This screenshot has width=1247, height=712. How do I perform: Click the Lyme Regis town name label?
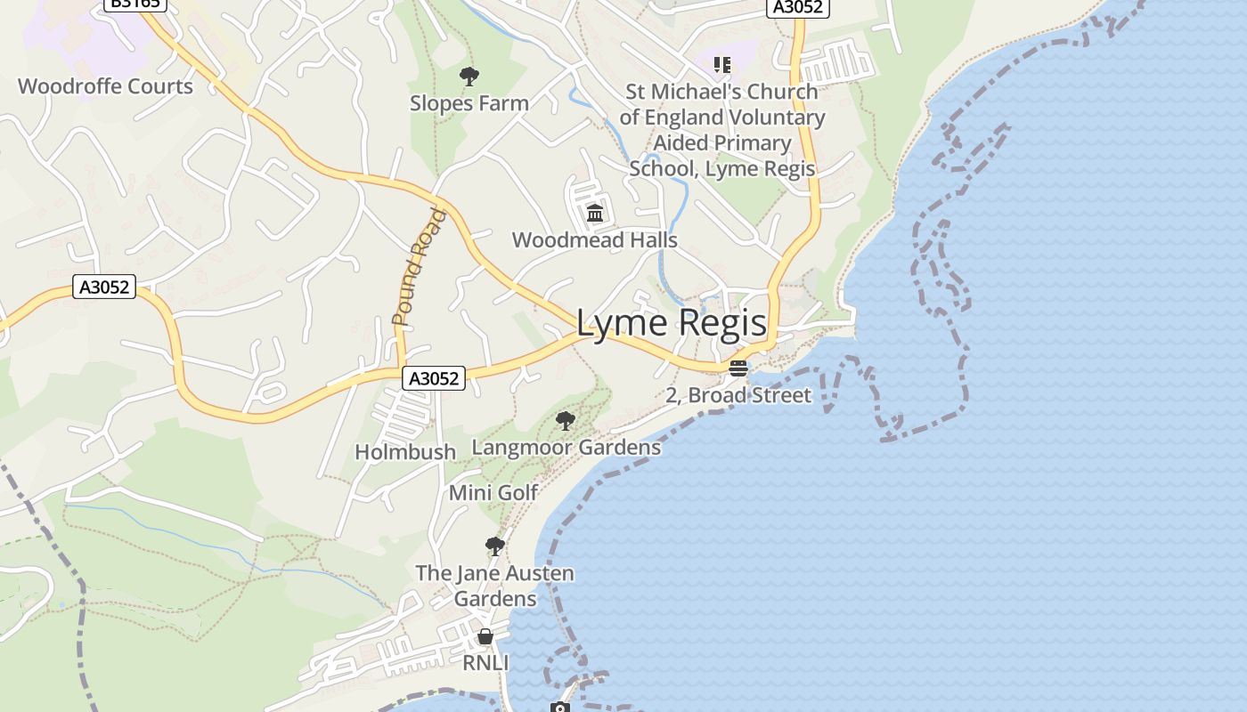[x=671, y=322]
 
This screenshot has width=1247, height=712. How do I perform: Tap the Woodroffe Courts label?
[x=105, y=86]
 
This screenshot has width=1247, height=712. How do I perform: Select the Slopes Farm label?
[x=469, y=103]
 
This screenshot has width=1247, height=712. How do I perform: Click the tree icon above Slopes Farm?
[x=469, y=77]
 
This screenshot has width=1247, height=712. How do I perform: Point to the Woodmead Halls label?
[x=594, y=240]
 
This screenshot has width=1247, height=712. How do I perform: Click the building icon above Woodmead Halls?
[x=595, y=213]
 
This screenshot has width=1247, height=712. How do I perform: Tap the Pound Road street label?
[x=419, y=267]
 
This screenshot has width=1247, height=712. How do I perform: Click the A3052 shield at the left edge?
[x=103, y=287]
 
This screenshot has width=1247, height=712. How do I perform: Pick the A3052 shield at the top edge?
[x=797, y=7]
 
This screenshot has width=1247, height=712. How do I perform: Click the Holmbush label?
[x=405, y=452]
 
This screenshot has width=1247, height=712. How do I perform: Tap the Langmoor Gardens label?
[x=566, y=447]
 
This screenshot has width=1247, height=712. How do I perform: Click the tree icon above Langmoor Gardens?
[x=565, y=420]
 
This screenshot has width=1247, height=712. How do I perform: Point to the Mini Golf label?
[x=493, y=492]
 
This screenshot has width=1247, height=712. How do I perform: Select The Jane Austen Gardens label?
[x=495, y=586]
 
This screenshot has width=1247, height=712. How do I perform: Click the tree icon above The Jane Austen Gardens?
[x=495, y=546]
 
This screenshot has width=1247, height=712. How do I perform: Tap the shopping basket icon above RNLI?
[x=485, y=636]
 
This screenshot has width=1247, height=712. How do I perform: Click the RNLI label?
[x=485, y=663]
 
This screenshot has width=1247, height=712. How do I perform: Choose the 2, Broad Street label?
[x=738, y=395]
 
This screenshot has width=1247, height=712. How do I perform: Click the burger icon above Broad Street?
[x=738, y=368]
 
